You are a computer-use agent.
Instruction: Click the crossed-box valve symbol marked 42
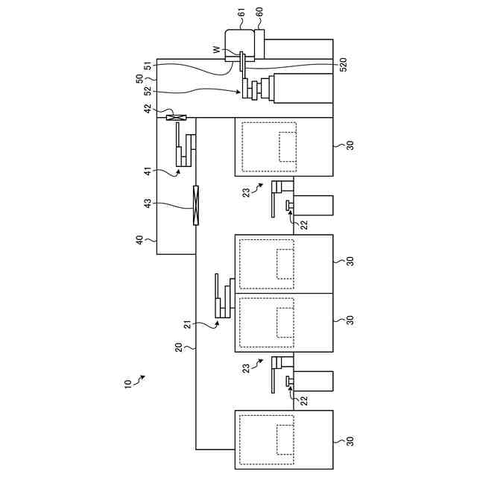pyautogui.click(x=177, y=118)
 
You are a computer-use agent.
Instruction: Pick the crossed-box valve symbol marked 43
pyautogui.click(x=196, y=204)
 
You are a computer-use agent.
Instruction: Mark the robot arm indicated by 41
pyautogui.click(x=186, y=145)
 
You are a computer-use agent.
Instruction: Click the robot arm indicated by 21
pyautogui.click(x=224, y=298)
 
